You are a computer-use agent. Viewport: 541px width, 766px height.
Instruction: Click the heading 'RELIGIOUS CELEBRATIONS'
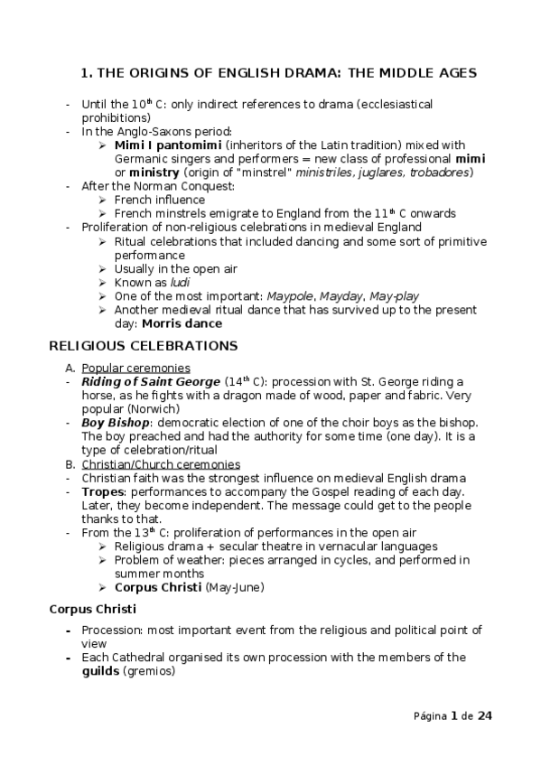[143, 346]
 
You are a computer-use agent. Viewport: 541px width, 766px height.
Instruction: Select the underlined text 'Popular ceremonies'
[135, 368]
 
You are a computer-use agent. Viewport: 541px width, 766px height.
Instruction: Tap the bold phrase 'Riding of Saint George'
[151, 382]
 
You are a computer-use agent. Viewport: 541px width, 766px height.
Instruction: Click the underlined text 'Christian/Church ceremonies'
[161, 464]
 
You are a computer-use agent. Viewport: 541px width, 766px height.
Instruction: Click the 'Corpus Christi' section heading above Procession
[91, 609]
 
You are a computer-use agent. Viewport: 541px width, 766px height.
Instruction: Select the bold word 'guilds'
[100, 671]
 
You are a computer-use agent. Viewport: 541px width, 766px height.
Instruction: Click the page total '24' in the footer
[485, 716]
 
